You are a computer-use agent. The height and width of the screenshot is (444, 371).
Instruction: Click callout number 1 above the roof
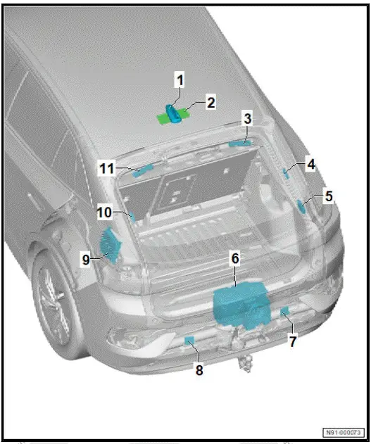180,81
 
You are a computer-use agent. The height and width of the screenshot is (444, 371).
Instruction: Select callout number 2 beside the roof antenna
210,103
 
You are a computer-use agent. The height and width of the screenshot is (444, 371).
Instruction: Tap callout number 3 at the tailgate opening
247,120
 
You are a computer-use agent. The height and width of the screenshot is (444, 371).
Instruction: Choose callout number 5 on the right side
327,197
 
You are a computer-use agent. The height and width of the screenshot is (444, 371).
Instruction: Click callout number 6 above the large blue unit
235,259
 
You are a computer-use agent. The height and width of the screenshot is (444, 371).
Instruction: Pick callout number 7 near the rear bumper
293,341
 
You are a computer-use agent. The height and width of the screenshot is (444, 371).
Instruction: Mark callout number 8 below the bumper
199,369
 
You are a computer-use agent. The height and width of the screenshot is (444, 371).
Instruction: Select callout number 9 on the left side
86,259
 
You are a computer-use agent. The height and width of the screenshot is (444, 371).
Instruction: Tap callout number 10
104,212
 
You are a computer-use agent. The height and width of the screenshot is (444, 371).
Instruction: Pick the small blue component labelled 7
284,312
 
